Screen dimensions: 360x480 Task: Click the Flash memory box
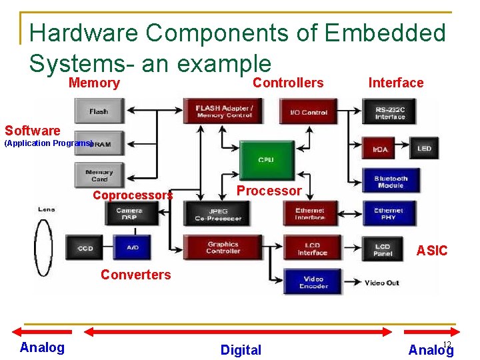[x=99, y=111]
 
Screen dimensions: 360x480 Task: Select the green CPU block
[x=266, y=161]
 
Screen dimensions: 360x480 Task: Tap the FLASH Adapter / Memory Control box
[x=224, y=111]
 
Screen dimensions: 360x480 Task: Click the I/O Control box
[x=308, y=111]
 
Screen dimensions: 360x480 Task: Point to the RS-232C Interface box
[x=389, y=112]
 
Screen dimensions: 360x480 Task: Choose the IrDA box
[x=381, y=149]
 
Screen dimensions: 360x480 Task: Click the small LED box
[x=424, y=149]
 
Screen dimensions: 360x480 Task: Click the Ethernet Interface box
[x=309, y=213]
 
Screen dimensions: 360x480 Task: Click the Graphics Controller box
[x=223, y=247]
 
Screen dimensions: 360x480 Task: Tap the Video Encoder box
[x=313, y=282]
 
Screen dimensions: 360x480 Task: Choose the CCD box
[x=85, y=247]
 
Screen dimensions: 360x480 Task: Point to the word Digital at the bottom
[x=241, y=350]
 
